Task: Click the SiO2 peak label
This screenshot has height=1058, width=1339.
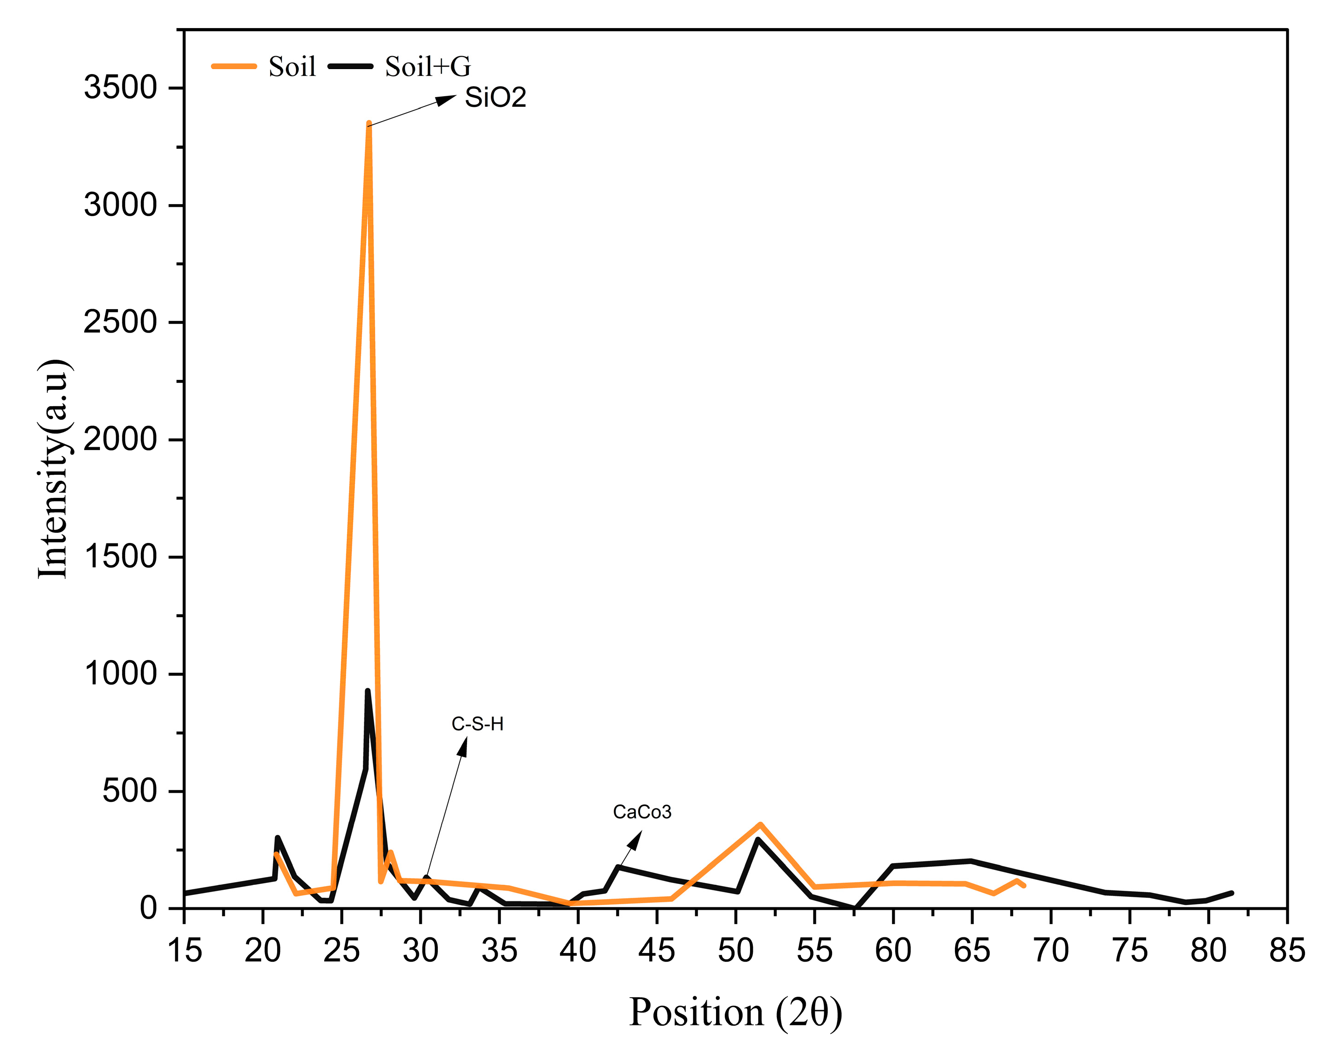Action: (x=495, y=98)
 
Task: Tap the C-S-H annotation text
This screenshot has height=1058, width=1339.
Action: (x=477, y=724)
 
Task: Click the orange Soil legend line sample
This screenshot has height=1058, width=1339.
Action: (x=233, y=66)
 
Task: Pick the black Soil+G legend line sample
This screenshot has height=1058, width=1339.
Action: (x=350, y=66)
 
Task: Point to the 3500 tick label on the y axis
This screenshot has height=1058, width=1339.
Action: (x=121, y=88)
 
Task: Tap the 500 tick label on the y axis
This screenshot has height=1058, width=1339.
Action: (x=130, y=791)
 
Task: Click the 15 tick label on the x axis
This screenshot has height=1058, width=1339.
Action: (x=185, y=950)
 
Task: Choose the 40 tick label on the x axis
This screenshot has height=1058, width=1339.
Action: (x=578, y=950)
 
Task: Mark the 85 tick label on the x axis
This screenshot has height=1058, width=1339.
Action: (x=1287, y=950)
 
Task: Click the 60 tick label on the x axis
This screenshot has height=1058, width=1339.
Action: (x=893, y=950)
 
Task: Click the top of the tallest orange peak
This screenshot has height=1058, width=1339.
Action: (x=368, y=123)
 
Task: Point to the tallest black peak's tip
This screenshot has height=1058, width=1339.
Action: (x=367, y=691)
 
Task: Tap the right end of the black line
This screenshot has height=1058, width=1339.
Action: (x=1232, y=893)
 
